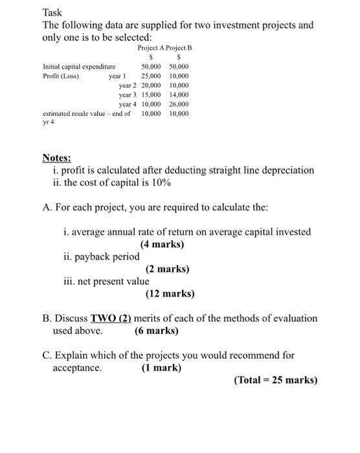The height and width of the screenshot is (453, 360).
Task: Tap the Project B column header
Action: pyautogui.click(x=179, y=48)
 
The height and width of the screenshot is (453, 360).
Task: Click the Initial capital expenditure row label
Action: pyautogui.click(x=79, y=67)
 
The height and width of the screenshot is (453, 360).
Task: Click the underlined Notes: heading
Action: pyautogui.click(x=57, y=158)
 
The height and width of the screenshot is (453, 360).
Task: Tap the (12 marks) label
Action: pyautogui.click(x=170, y=293)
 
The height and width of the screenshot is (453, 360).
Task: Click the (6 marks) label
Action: pyautogui.click(x=157, y=330)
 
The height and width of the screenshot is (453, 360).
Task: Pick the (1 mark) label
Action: pyautogui.click(x=161, y=368)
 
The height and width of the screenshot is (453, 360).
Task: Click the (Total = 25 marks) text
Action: pyautogui.click(x=275, y=380)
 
